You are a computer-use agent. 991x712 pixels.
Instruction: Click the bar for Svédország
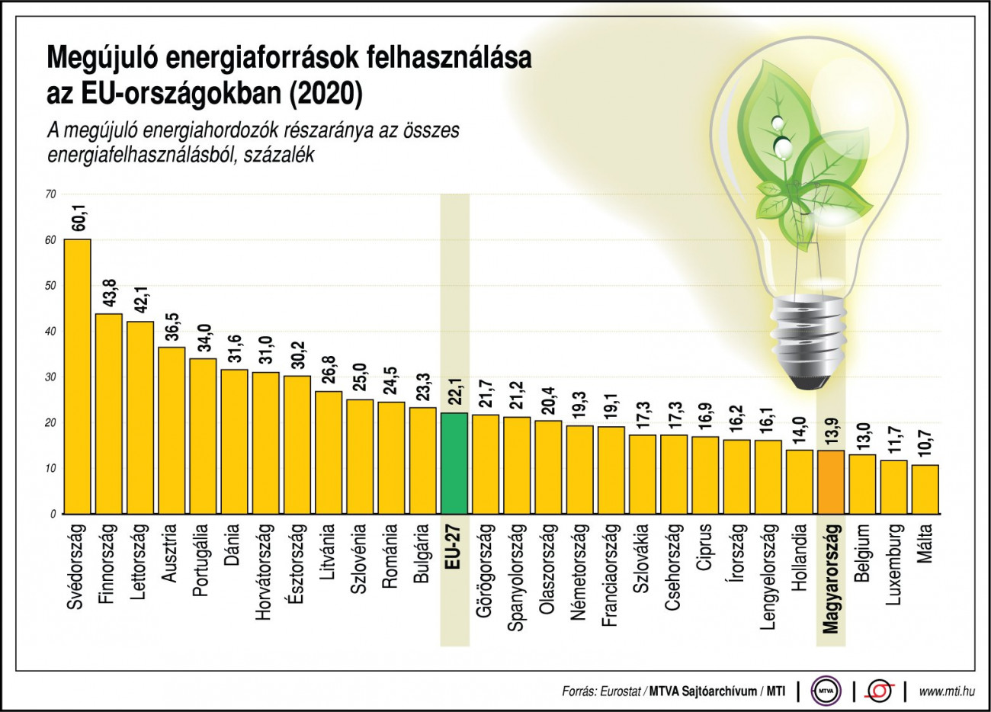[x=78, y=377]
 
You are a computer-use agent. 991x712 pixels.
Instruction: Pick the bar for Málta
[x=925, y=489]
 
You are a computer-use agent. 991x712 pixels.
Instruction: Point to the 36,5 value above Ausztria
[x=172, y=327]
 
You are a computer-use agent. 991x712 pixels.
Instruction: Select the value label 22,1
[x=454, y=393]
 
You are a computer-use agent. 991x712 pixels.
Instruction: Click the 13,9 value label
[x=830, y=430]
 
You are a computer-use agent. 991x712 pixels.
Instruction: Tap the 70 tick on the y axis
[x=50, y=194]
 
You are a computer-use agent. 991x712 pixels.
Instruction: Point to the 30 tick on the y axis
[x=50, y=377]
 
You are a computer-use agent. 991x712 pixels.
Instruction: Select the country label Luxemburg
[x=894, y=564]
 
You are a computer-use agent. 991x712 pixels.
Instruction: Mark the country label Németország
[x=578, y=571]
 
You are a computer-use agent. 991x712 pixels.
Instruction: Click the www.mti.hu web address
[x=947, y=691]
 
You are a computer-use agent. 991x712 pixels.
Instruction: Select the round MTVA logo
[x=825, y=691]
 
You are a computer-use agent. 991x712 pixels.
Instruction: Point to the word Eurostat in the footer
[x=621, y=691]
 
